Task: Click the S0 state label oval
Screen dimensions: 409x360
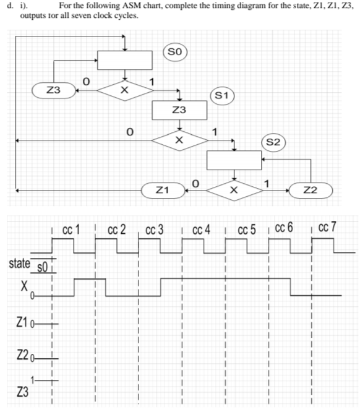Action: click(175, 51)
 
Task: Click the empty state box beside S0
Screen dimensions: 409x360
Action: click(125, 60)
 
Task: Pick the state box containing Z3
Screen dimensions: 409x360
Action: click(179, 110)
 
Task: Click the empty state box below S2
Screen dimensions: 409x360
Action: click(234, 160)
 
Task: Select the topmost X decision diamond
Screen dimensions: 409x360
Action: click(125, 90)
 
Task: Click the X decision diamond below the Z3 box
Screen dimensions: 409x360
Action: click(179, 140)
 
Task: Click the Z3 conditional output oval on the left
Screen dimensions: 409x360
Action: click(56, 90)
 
